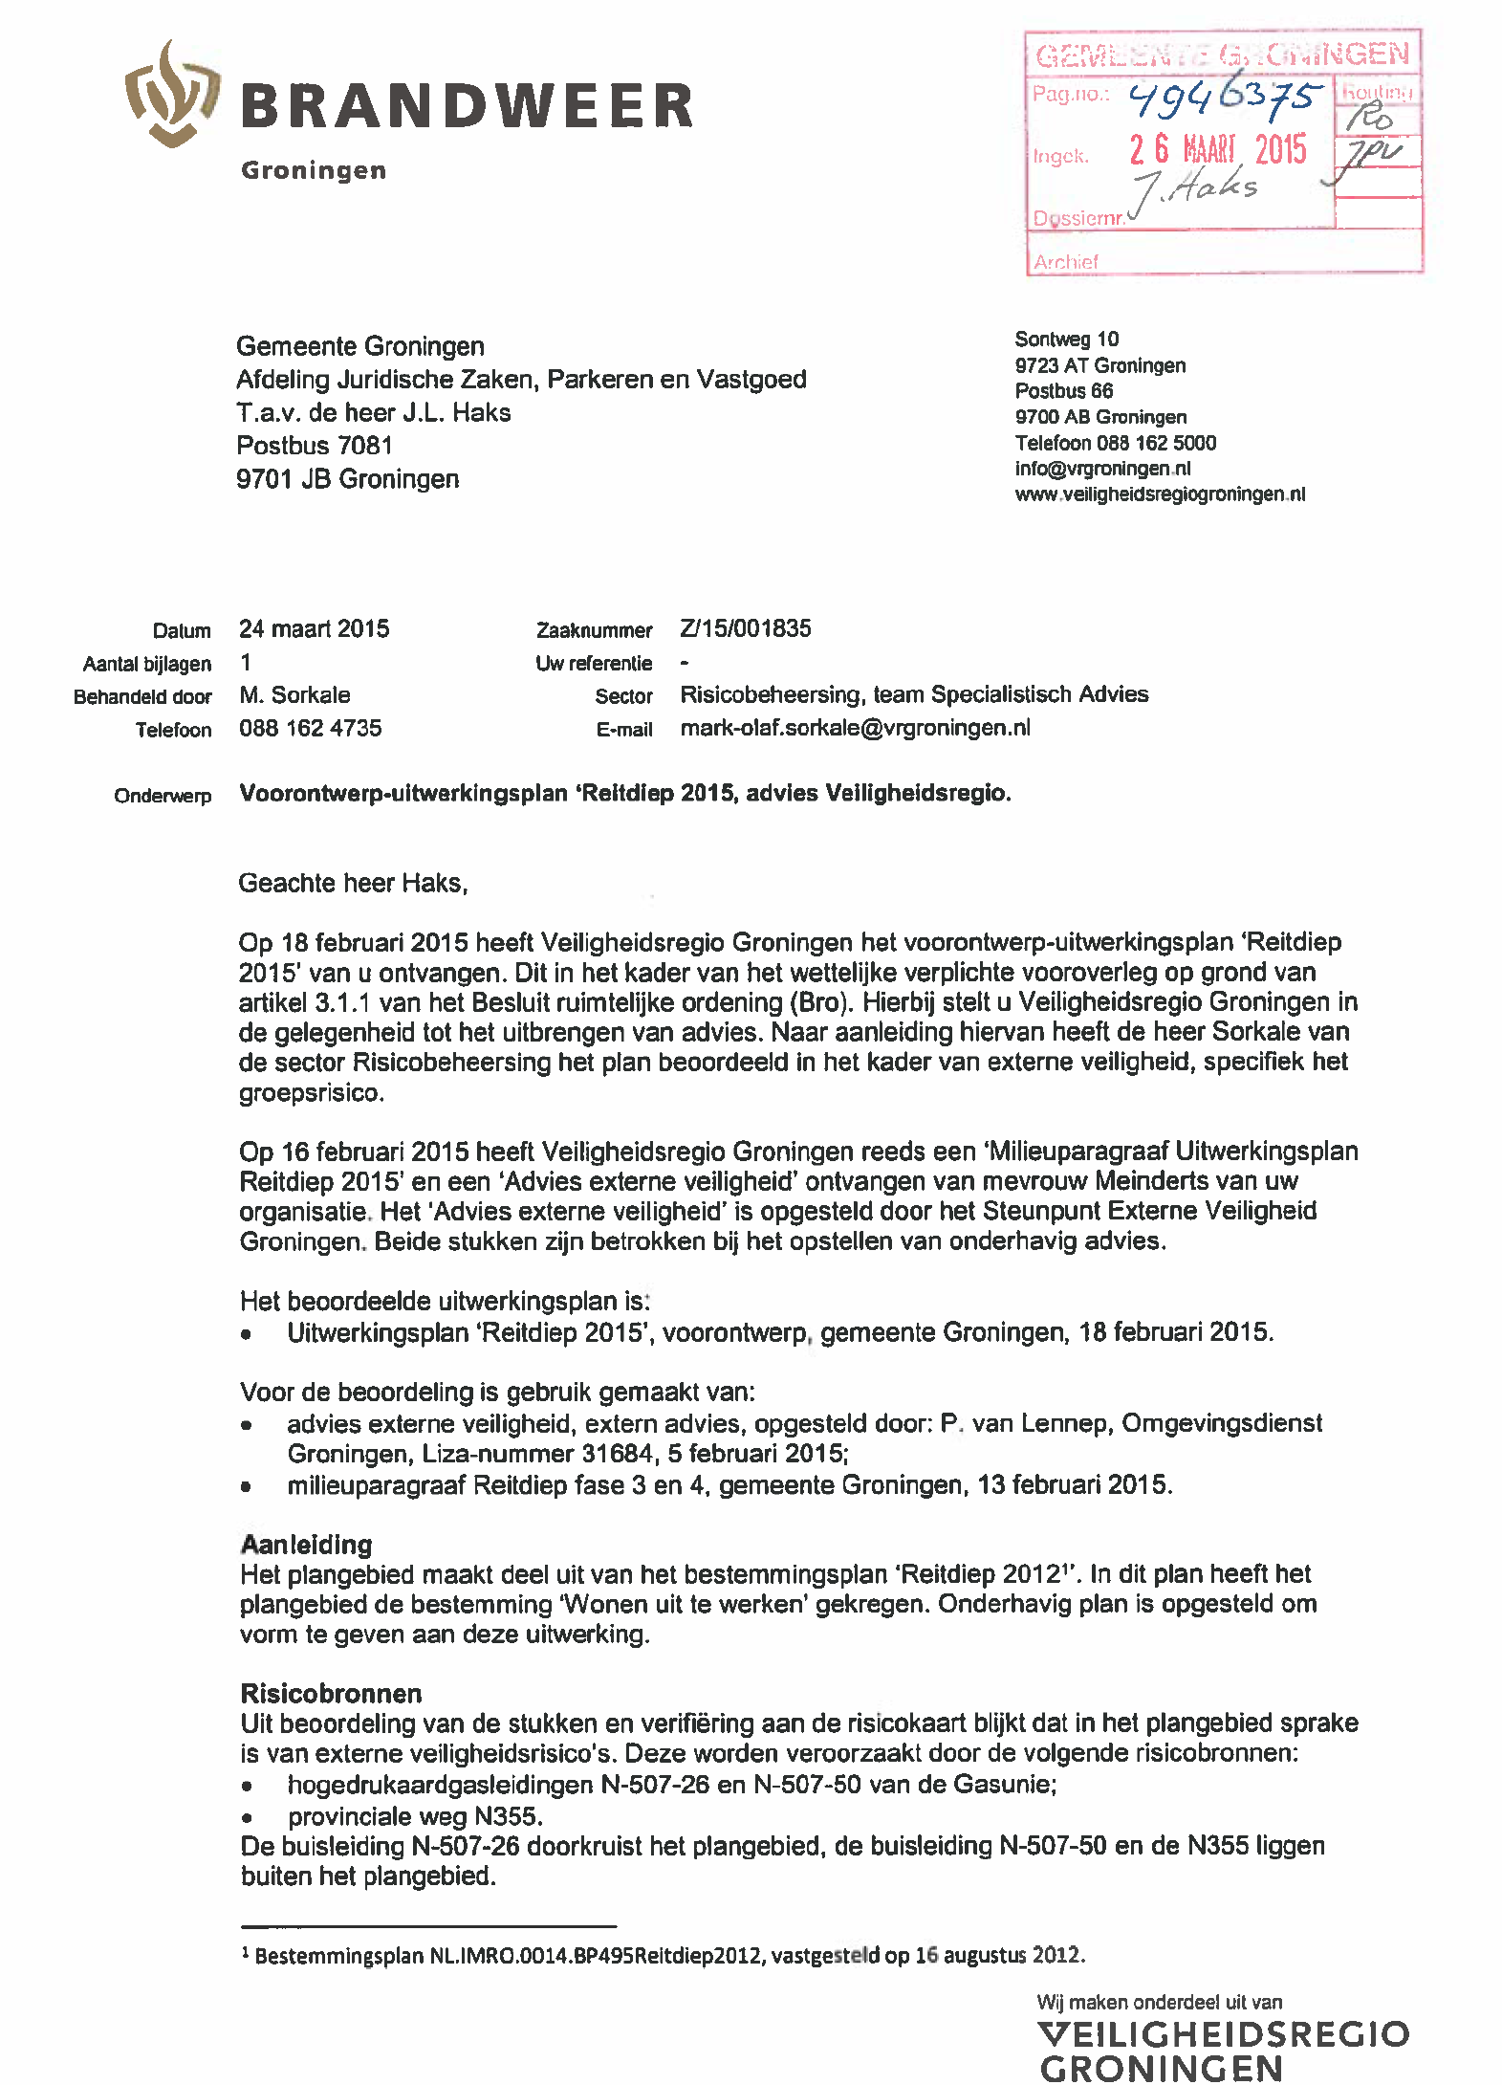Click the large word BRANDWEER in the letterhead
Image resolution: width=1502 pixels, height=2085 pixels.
(x=467, y=106)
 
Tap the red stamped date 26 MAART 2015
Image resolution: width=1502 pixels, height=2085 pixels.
(x=1217, y=150)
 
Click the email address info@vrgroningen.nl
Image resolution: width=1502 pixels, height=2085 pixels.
(x=1102, y=469)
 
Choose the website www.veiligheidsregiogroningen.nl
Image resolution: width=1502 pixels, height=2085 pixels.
(x=1159, y=494)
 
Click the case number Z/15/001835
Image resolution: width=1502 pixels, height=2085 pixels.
(x=745, y=628)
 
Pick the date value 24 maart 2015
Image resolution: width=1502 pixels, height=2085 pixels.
(x=314, y=628)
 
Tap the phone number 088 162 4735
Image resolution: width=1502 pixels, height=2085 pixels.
(x=310, y=728)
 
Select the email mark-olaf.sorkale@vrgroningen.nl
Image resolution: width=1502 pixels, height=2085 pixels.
(x=855, y=728)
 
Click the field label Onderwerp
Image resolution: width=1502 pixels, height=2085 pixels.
(x=163, y=796)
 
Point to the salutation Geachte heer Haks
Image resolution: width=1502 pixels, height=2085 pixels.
(x=353, y=883)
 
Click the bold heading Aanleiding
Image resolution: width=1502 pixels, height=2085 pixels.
(x=306, y=1545)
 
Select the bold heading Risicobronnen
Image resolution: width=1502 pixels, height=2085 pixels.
(x=331, y=1694)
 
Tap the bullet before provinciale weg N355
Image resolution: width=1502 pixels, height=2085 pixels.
(x=248, y=1817)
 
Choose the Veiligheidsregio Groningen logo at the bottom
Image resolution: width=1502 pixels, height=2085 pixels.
(x=1222, y=2049)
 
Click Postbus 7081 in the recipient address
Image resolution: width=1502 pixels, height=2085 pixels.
(x=314, y=446)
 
